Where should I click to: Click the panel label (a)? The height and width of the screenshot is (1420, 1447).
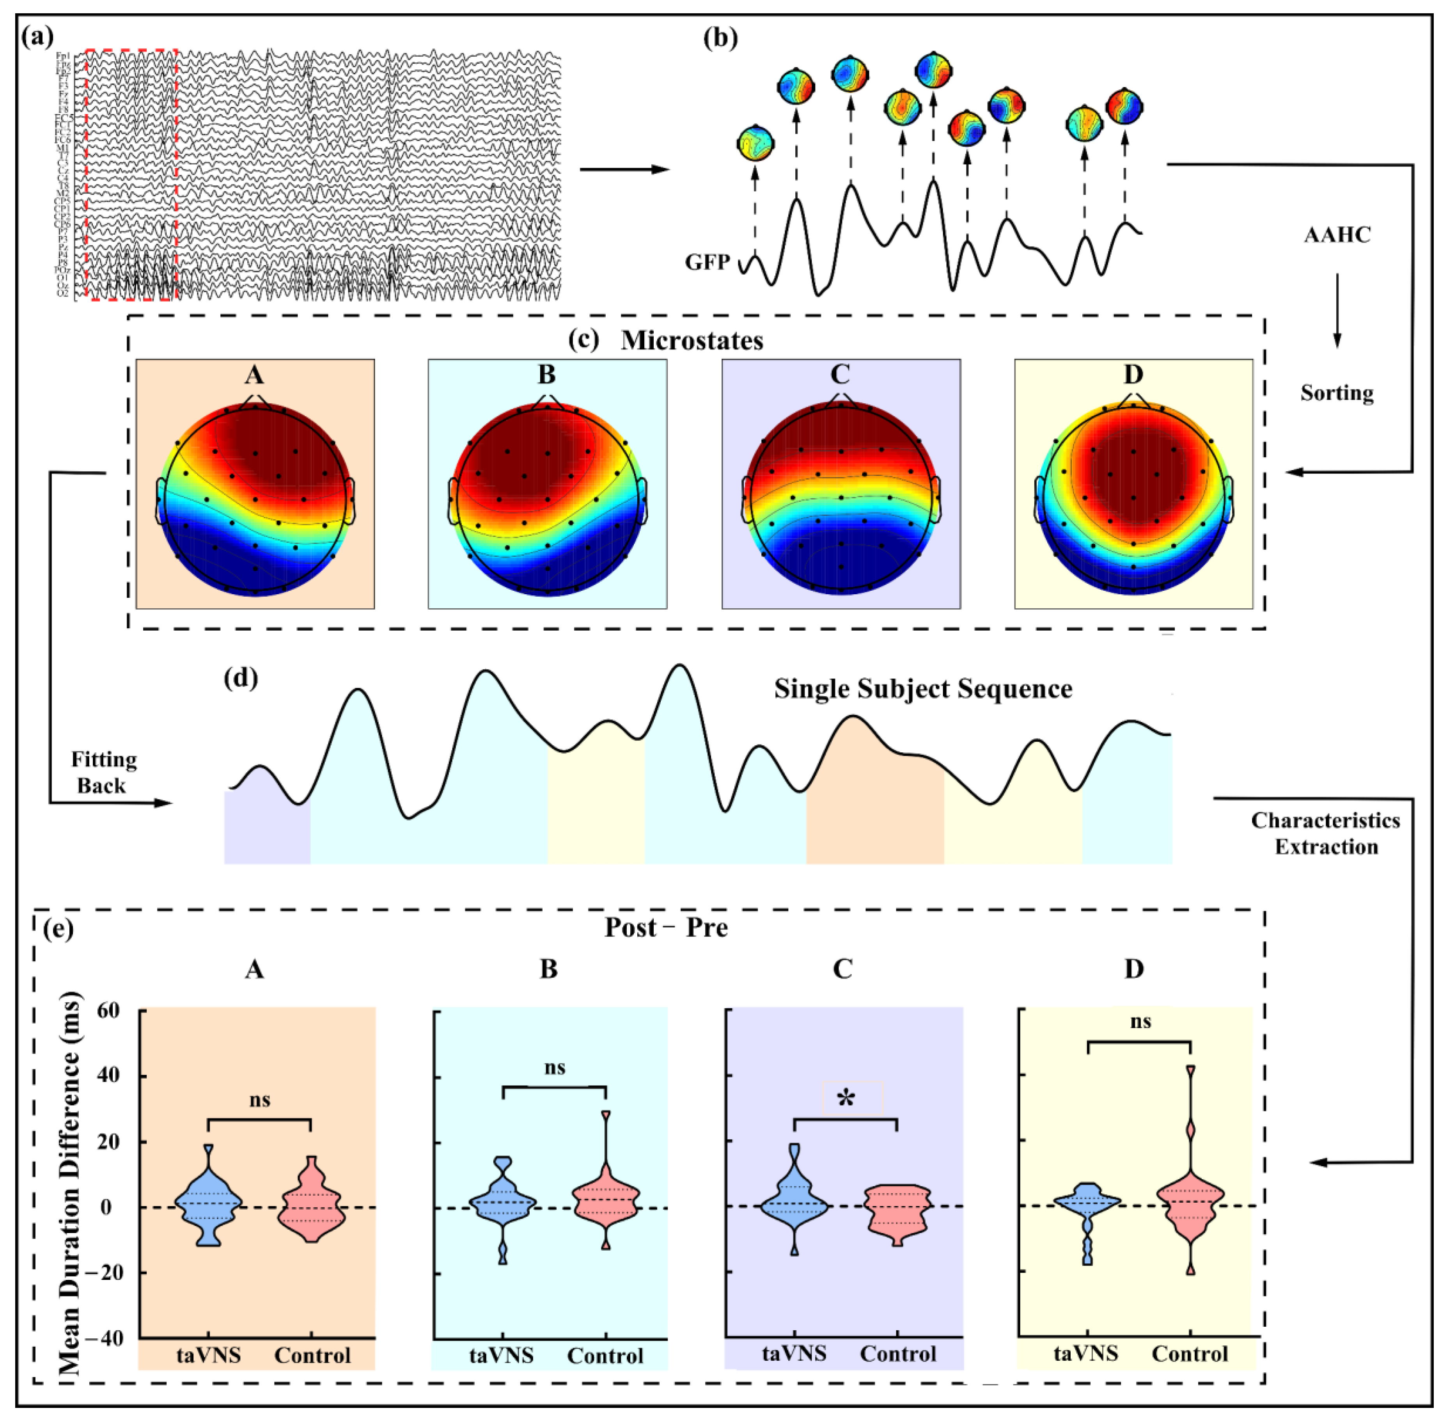point(39,37)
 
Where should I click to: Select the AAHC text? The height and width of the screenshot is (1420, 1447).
point(1337,236)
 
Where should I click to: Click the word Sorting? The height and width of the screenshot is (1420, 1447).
point(1337,393)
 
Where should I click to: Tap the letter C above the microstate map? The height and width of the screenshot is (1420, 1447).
point(840,374)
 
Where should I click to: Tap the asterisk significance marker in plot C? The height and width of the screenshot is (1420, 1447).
point(846,1098)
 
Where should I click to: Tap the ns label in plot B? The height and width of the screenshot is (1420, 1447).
point(555,1068)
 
